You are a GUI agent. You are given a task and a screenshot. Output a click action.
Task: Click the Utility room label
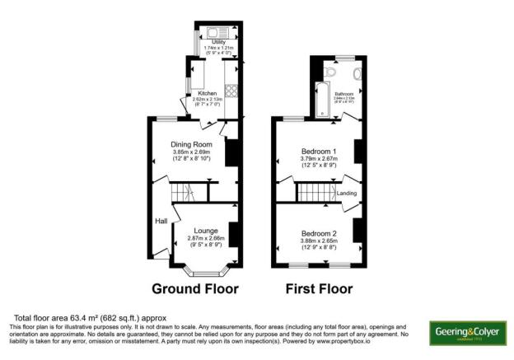218,41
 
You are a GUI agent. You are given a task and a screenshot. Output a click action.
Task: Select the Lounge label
205,231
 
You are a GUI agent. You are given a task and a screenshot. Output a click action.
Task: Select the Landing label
348,194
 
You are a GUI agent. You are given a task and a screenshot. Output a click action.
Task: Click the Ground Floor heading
195,289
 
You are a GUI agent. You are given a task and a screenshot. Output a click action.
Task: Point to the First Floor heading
318,289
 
